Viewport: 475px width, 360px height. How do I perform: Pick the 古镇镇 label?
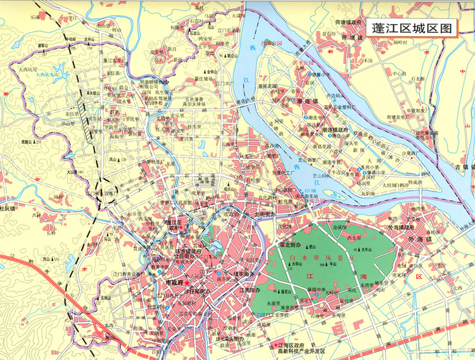click(x=464, y=167)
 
